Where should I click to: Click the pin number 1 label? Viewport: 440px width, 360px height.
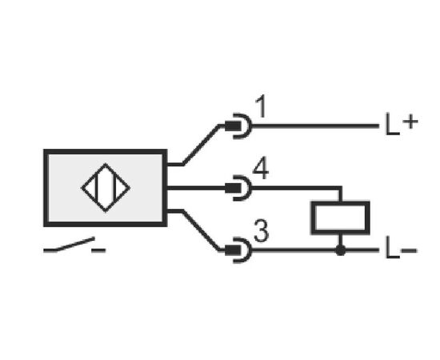click(x=262, y=106)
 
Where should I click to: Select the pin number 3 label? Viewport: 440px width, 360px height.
click(x=262, y=231)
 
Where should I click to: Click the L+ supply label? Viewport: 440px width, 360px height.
click(x=402, y=124)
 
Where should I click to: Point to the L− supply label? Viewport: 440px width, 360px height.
click(x=402, y=248)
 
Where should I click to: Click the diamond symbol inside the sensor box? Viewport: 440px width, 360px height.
click(x=106, y=188)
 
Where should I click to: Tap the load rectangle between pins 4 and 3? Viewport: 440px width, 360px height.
click(x=340, y=218)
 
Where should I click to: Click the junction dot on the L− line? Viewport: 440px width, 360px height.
click(x=341, y=250)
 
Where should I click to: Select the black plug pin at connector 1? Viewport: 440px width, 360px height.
click(x=233, y=126)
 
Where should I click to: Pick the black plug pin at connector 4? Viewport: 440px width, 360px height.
click(x=233, y=188)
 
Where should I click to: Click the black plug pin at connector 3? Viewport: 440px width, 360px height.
click(x=233, y=250)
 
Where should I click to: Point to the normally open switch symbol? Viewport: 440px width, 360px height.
click(x=74, y=245)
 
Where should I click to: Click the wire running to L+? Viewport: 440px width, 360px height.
click(x=315, y=126)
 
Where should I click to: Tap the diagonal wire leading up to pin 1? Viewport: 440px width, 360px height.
click(x=201, y=145)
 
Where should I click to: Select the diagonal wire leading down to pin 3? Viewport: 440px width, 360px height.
click(x=201, y=230)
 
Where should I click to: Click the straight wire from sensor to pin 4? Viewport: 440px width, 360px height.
click(x=196, y=188)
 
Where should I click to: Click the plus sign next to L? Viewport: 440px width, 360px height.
click(x=410, y=122)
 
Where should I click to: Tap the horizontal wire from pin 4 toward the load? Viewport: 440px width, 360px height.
click(x=296, y=188)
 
